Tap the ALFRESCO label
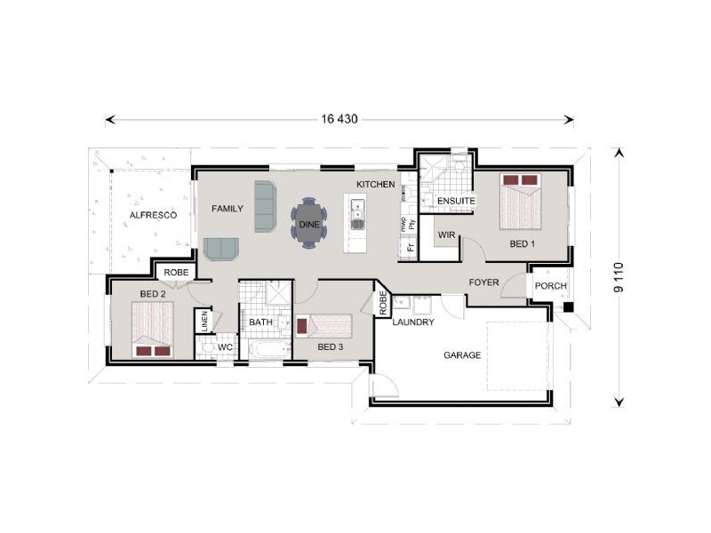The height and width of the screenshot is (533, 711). tap(153, 216)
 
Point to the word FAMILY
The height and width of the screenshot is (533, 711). tap(228, 209)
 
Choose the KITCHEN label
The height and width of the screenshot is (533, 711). tap(375, 184)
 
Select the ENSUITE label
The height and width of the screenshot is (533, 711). tap(456, 202)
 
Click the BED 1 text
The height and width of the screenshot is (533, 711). tap(522, 243)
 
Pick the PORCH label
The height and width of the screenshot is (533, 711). tap(550, 286)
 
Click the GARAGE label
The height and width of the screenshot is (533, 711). tap(462, 355)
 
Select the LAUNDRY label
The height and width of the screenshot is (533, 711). tap(413, 322)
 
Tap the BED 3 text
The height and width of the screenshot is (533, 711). tap(330, 346)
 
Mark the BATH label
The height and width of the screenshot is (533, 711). tap(260, 322)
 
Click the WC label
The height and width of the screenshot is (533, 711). tap(225, 346)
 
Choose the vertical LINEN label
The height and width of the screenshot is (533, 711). tap(204, 321)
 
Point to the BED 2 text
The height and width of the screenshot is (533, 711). tap(153, 294)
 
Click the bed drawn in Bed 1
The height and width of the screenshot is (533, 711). tap(519, 201)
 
